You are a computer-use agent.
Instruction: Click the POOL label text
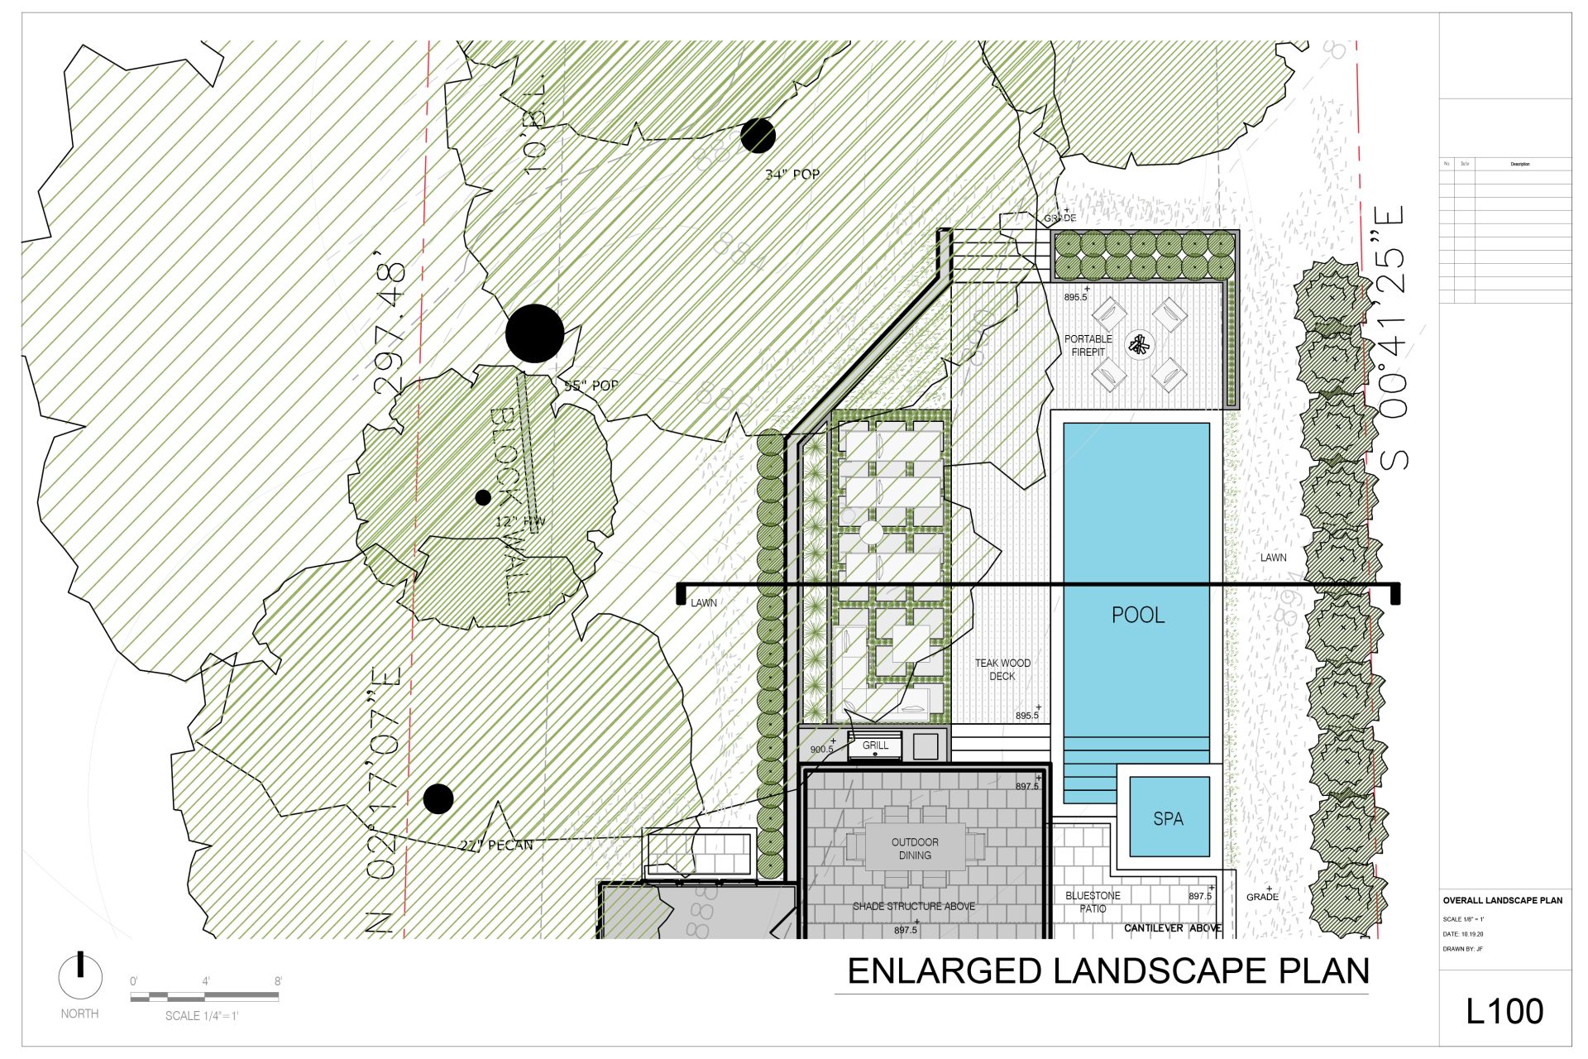(x=1138, y=615)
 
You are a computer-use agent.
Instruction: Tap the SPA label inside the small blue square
(x=1168, y=818)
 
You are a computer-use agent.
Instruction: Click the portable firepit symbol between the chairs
(x=1141, y=344)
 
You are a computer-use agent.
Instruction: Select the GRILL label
(x=875, y=745)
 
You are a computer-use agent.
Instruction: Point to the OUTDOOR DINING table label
(x=915, y=849)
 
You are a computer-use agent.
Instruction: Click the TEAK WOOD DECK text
(x=1002, y=669)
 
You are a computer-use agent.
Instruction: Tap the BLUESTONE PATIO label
(x=1093, y=902)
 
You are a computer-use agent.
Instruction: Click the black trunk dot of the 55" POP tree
(x=535, y=333)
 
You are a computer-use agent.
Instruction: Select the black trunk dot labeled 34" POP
(x=758, y=136)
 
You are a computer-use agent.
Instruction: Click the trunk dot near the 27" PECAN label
(x=438, y=798)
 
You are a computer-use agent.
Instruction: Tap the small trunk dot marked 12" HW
(x=483, y=497)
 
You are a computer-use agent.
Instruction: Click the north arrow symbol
(x=80, y=977)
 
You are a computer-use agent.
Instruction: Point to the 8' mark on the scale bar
(x=278, y=982)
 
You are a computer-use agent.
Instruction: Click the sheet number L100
(x=1504, y=1011)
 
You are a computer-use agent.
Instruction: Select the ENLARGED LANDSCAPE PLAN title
(x=1108, y=970)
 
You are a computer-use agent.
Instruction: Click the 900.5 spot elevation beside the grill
(x=821, y=750)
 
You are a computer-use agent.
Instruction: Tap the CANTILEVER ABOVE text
(x=1172, y=928)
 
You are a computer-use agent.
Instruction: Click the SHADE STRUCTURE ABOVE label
(x=914, y=906)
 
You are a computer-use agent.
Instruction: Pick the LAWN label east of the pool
(x=1273, y=558)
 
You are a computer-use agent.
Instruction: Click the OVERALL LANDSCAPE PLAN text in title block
(x=1502, y=900)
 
